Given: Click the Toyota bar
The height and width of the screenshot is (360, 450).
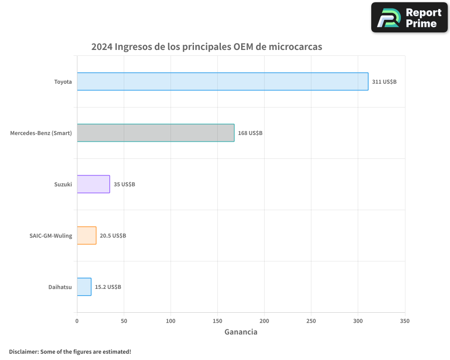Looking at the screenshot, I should (x=222, y=81).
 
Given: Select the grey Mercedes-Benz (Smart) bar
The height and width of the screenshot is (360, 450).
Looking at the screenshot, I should (x=156, y=133).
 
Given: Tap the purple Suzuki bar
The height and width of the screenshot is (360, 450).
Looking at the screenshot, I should (x=93, y=184).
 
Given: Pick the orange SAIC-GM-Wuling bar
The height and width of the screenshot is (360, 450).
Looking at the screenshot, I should (x=86, y=235).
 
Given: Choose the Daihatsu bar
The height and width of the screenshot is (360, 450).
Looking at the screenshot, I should (x=84, y=287).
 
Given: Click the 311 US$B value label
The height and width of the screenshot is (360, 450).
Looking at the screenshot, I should (x=384, y=82).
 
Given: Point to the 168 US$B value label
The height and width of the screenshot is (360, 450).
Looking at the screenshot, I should (x=250, y=133).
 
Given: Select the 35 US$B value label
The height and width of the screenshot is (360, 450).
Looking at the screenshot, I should (x=124, y=184).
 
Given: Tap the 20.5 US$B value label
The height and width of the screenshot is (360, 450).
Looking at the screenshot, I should (x=112, y=236).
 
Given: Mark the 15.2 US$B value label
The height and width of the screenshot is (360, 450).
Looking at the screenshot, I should (x=108, y=287).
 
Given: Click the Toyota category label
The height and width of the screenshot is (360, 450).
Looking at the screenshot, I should (x=63, y=82).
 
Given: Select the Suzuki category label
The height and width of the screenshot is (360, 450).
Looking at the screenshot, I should (x=63, y=184).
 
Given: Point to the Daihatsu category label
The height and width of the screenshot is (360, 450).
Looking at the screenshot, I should (x=60, y=287).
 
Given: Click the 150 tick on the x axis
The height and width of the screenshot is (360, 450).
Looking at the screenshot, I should (x=217, y=321).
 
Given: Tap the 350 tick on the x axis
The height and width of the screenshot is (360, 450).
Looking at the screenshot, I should (x=405, y=321).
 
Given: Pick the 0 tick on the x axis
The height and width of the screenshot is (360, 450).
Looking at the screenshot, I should (x=77, y=321).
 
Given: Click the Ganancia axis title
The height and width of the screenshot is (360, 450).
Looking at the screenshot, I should (x=241, y=332).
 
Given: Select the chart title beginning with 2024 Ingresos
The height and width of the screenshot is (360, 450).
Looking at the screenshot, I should (x=207, y=47).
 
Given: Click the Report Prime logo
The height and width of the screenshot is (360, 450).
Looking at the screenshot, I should (x=409, y=18).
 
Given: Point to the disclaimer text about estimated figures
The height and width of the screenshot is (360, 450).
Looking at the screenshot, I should (x=70, y=351).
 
